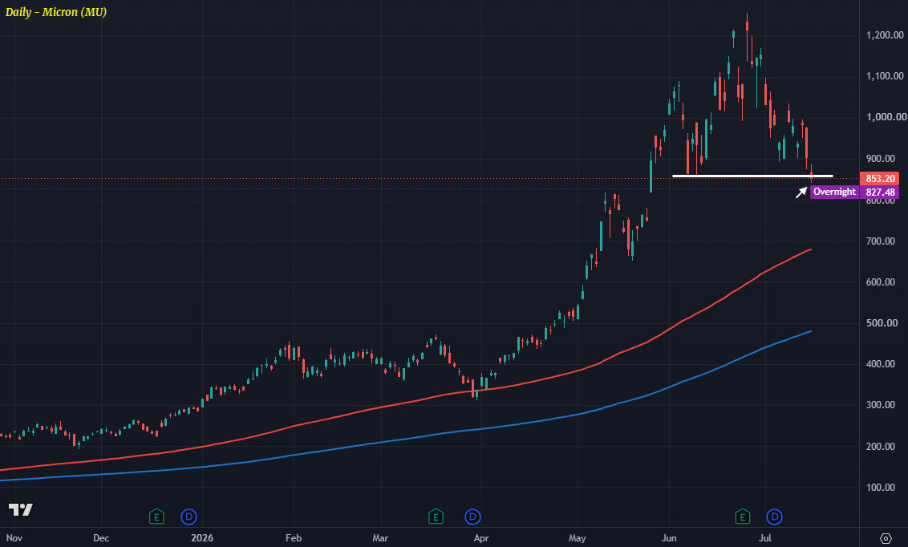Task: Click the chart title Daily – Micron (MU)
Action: pyautogui.click(x=56, y=12)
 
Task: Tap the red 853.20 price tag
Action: pyautogui.click(x=880, y=179)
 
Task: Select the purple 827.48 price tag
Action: pyautogui.click(x=880, y=192)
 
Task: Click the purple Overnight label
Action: pyautogui.click(x=834, y=192)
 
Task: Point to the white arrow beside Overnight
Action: pyautogui.click(x=801, y=192)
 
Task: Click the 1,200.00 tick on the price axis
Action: pyautogui.click(x=885, y=35)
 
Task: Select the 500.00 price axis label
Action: pyautogui.click(x=881, y=323)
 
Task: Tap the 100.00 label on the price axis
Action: pyautogui.click(x=881, y=488)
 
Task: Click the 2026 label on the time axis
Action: pyautogui.click(x=202, y=537)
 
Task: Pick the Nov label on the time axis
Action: pyautogui.click(x=14, y=537)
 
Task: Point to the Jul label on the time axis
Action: pyautogui.click(x=765, y=537)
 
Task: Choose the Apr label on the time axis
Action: pyautogui.click(x=481, y=538)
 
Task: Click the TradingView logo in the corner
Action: pyautogui.click(x=20, y=509)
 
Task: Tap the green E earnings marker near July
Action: pyautogui.click(x=743, y=517)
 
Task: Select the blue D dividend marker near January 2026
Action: pyautogui.click(x=188, y=517)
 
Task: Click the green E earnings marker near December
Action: pyautogui.click(x=156, y=517)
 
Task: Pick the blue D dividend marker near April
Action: pyautogui.click(x=472, y=517)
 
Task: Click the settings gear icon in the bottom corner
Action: pyautogui.click(x=886, y=538)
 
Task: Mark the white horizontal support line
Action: pyautogui.click(x=753, y=176)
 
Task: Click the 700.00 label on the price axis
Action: pyautogui.click(x=881, y=241)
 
